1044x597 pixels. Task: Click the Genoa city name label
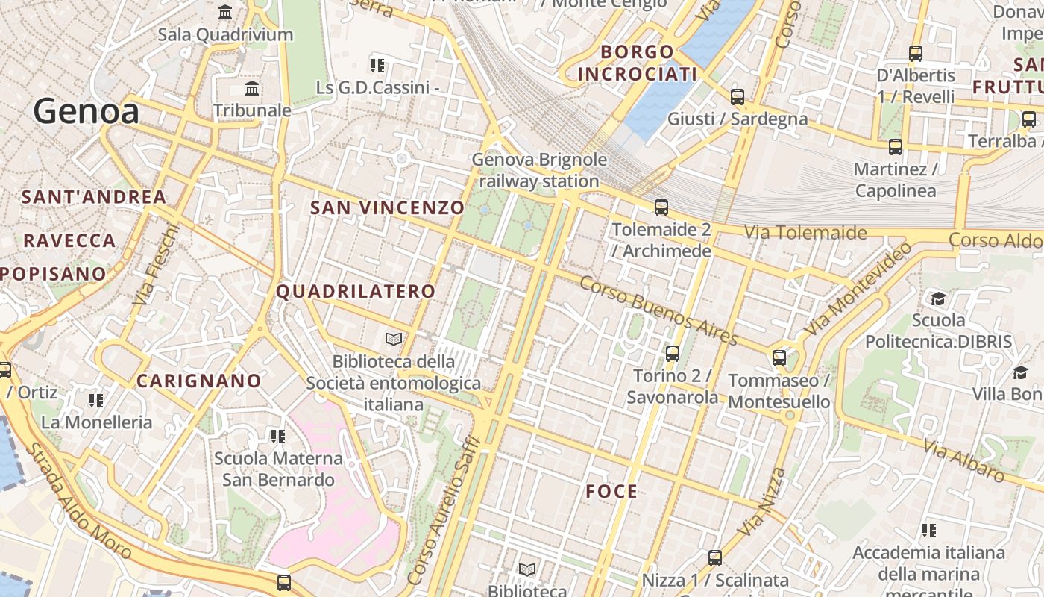86,112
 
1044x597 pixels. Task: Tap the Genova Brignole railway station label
539,170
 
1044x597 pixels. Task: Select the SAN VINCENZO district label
387,207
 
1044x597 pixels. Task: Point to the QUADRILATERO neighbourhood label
356,291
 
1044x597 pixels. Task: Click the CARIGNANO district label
199,381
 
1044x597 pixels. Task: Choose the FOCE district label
611,491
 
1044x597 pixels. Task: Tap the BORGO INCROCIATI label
638,63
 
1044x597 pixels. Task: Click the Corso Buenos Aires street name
658,310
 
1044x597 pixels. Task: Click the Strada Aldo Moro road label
78,501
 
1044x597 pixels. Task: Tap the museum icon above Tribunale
252,89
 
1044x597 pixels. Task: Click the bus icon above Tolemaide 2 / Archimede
661,207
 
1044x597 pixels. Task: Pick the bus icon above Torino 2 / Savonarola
672,354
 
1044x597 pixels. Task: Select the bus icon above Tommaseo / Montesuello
779,358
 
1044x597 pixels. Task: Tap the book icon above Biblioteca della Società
394,340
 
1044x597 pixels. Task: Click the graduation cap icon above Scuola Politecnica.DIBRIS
938,298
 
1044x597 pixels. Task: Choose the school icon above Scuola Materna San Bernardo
277,436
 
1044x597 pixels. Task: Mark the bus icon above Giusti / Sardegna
737,96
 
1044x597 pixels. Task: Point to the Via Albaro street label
963,460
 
